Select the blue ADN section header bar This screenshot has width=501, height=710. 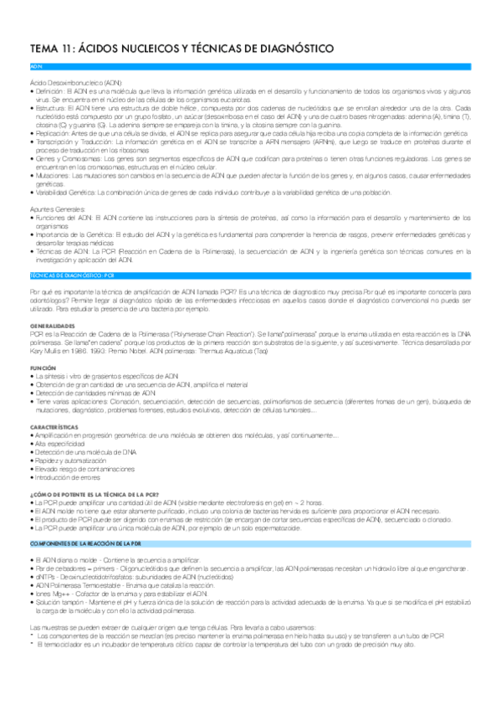pos(250,65)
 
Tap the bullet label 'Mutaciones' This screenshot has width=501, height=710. pos(52,177)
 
